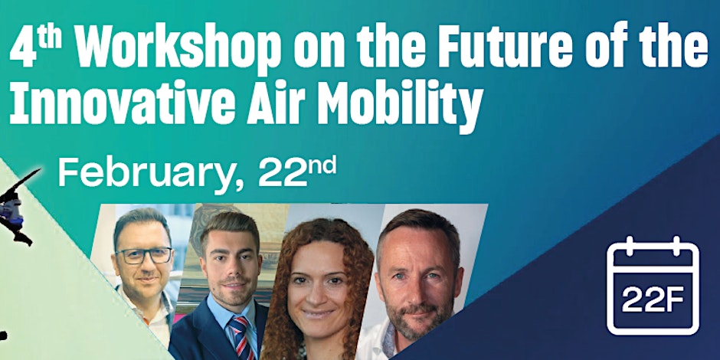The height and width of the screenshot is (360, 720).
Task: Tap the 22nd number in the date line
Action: tap(297, 171)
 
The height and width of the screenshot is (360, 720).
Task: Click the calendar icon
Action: tap(653, 286)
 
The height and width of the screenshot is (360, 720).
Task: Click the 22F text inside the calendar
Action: tap(653, 301)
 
